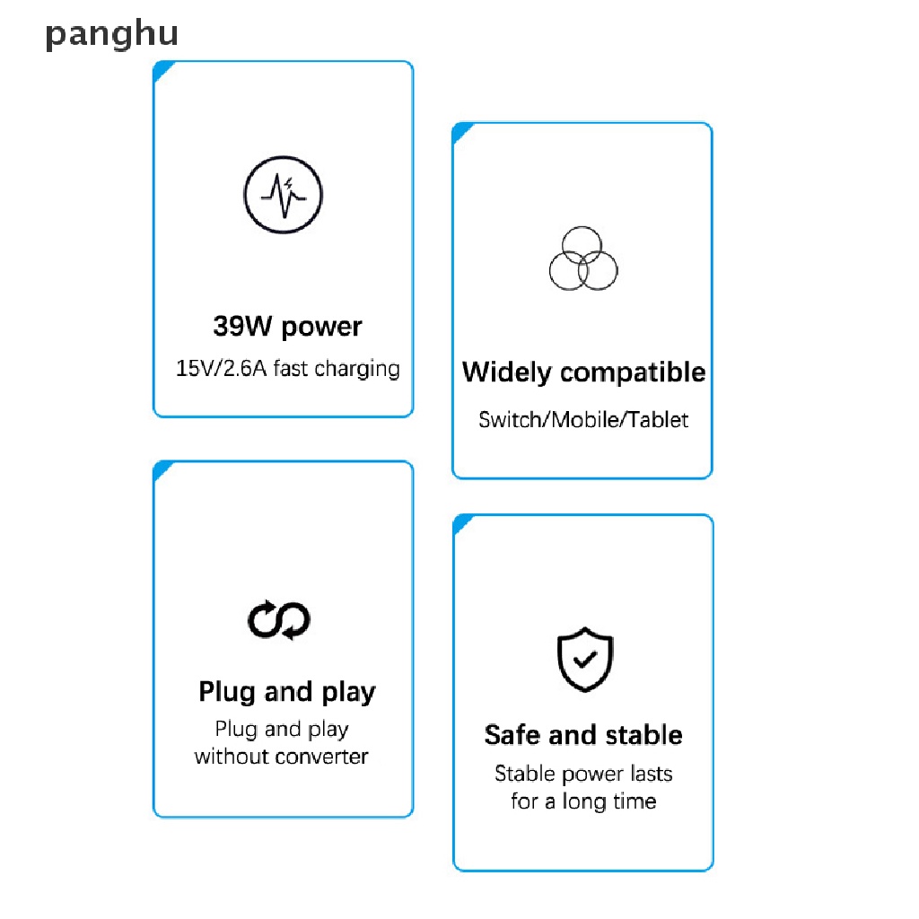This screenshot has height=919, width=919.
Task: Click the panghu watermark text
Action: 112,35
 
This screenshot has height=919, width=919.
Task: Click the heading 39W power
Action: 287,326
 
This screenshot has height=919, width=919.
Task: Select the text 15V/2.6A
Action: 221,368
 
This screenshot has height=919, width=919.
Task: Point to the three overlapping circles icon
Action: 583,258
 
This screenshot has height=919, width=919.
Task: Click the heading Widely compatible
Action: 583,372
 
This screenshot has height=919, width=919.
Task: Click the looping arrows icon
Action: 279,620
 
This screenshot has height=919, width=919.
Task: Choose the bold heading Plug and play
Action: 287,692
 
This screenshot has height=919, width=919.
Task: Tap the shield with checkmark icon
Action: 584,659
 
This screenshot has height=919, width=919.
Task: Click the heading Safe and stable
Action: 583,735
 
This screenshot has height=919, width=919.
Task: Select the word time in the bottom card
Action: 633,801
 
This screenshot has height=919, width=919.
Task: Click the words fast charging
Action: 337,368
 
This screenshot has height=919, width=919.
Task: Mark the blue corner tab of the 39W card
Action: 162,70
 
